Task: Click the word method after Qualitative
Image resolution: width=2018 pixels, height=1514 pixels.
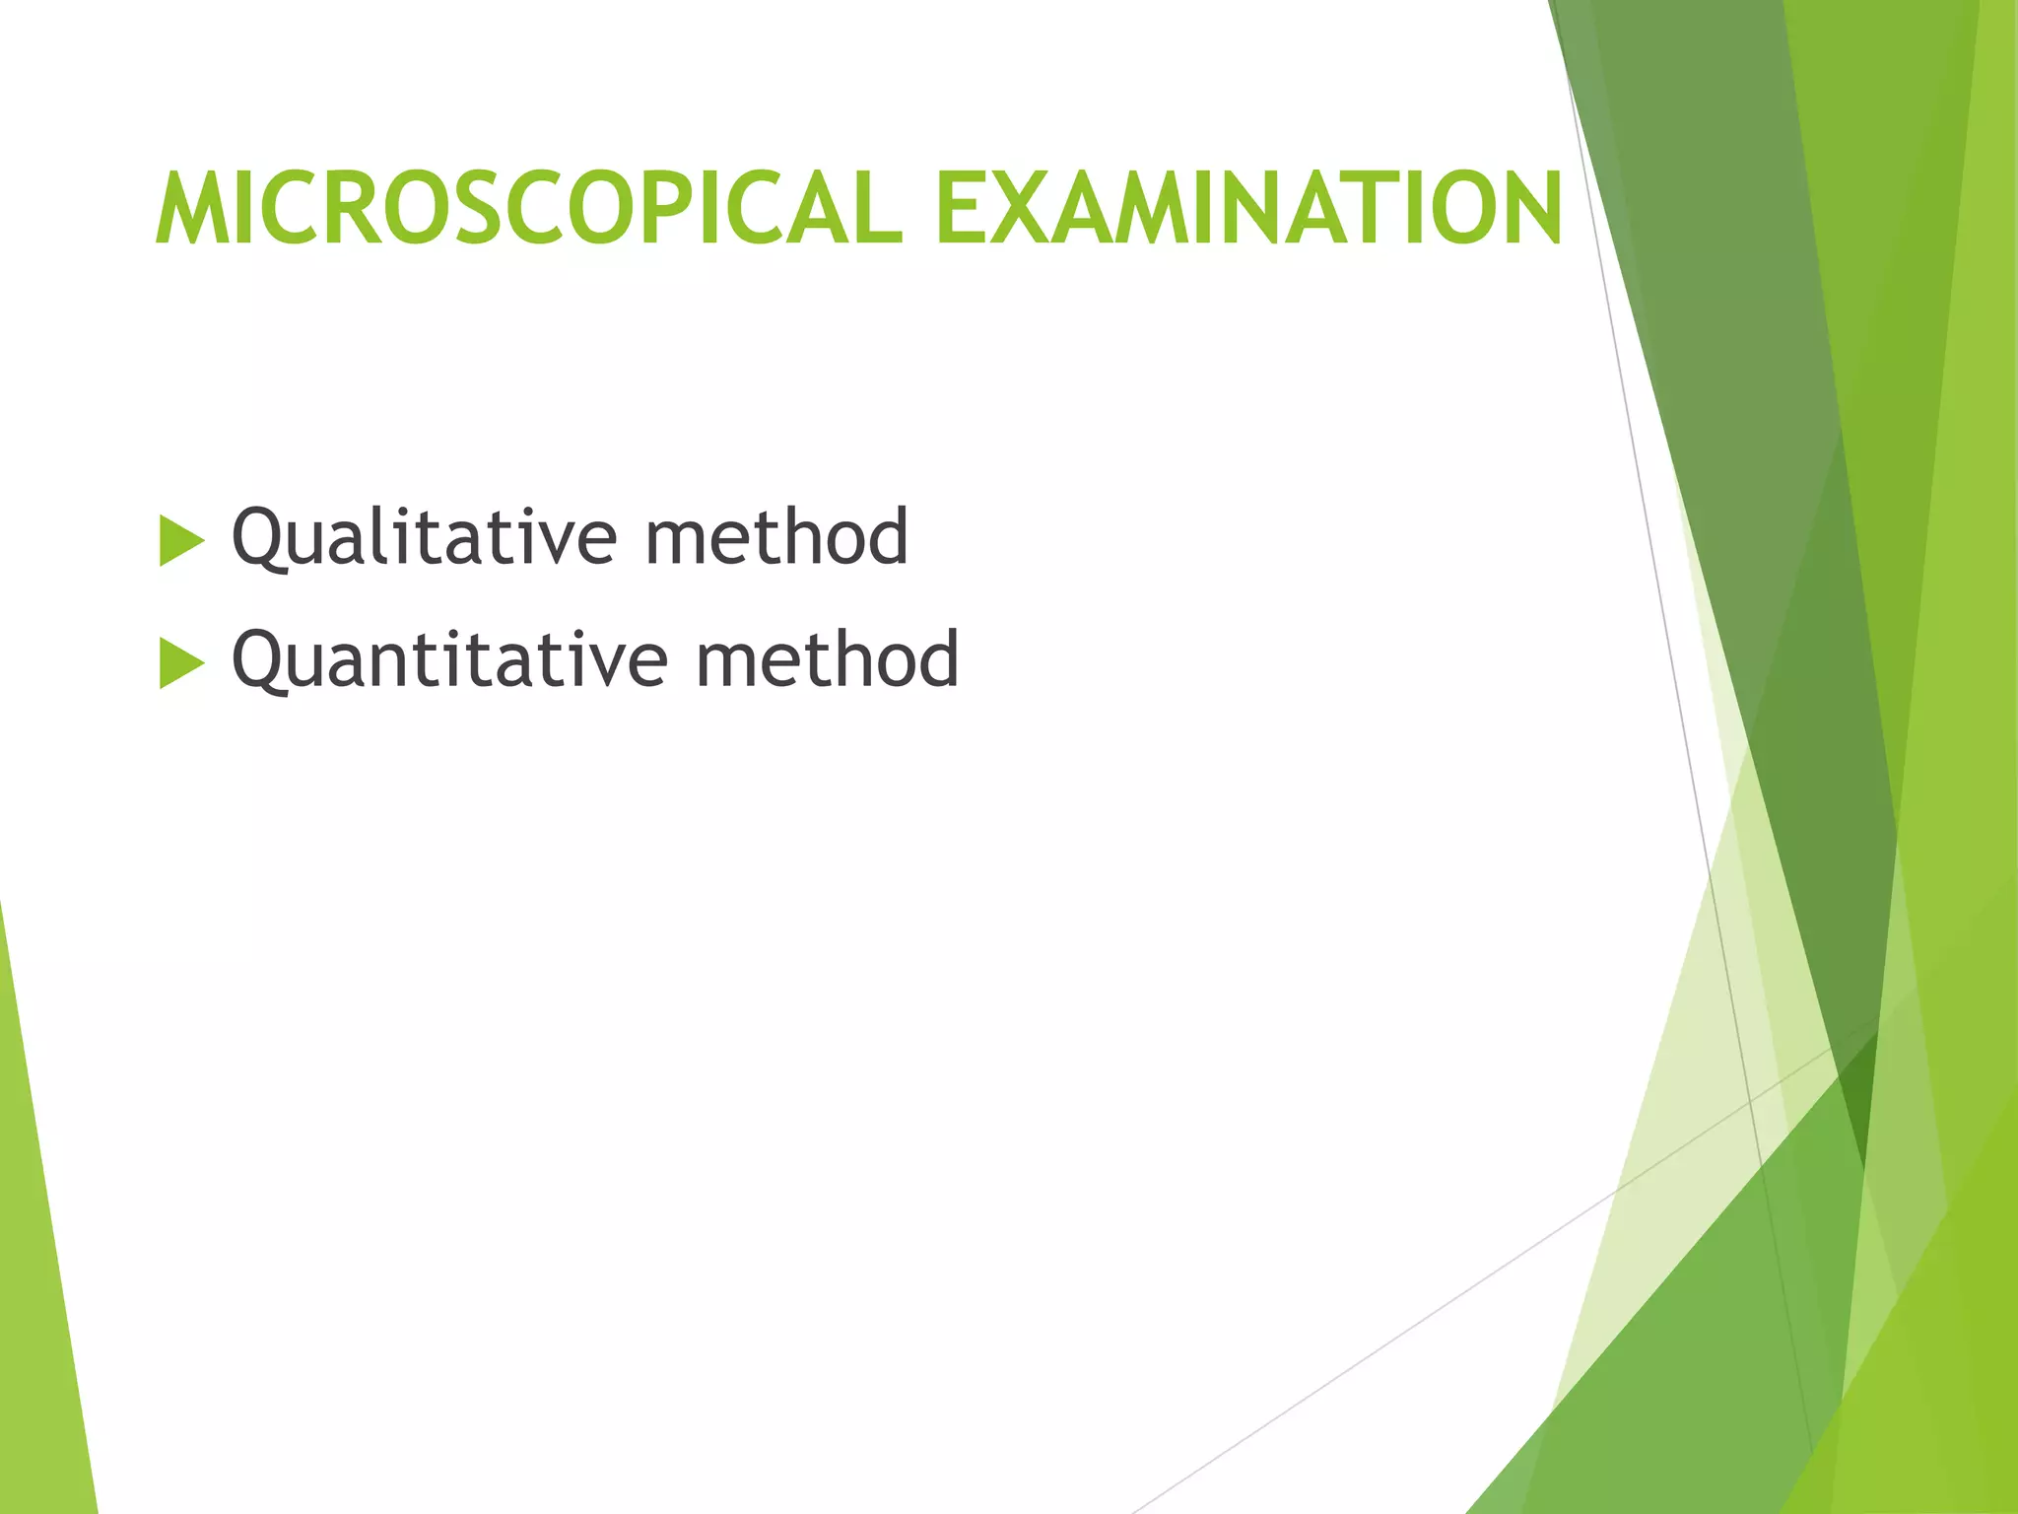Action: point(776,537)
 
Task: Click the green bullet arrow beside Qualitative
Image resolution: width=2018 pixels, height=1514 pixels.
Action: point(181,541)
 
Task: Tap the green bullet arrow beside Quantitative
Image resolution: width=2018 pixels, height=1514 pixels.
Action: point(181,663)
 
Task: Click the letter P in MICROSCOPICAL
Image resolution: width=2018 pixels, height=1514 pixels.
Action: point(671,209)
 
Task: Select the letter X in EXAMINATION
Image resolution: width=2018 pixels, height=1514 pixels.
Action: point(1028,209)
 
